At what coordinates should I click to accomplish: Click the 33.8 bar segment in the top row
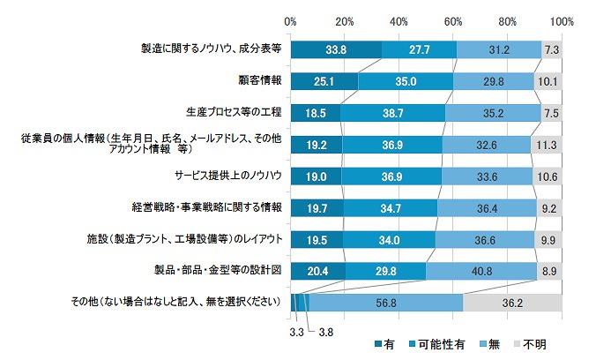click(x=336, y=49)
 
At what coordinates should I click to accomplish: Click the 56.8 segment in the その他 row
click(x=385, y=302)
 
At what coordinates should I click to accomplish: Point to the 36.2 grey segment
click(x=512, y=302)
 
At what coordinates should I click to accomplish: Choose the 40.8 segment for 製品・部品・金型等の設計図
click(x=481, y=270)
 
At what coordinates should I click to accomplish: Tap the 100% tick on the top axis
click(x=561, y=19)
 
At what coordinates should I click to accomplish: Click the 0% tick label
click(x=291, y=19)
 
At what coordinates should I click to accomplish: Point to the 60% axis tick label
click(x=453, y=19)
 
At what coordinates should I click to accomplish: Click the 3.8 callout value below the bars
click(x=326, y=333)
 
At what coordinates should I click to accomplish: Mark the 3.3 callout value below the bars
click(x=298, y=333)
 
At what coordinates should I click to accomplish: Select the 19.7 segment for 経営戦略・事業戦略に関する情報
click(x=317, y=207)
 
